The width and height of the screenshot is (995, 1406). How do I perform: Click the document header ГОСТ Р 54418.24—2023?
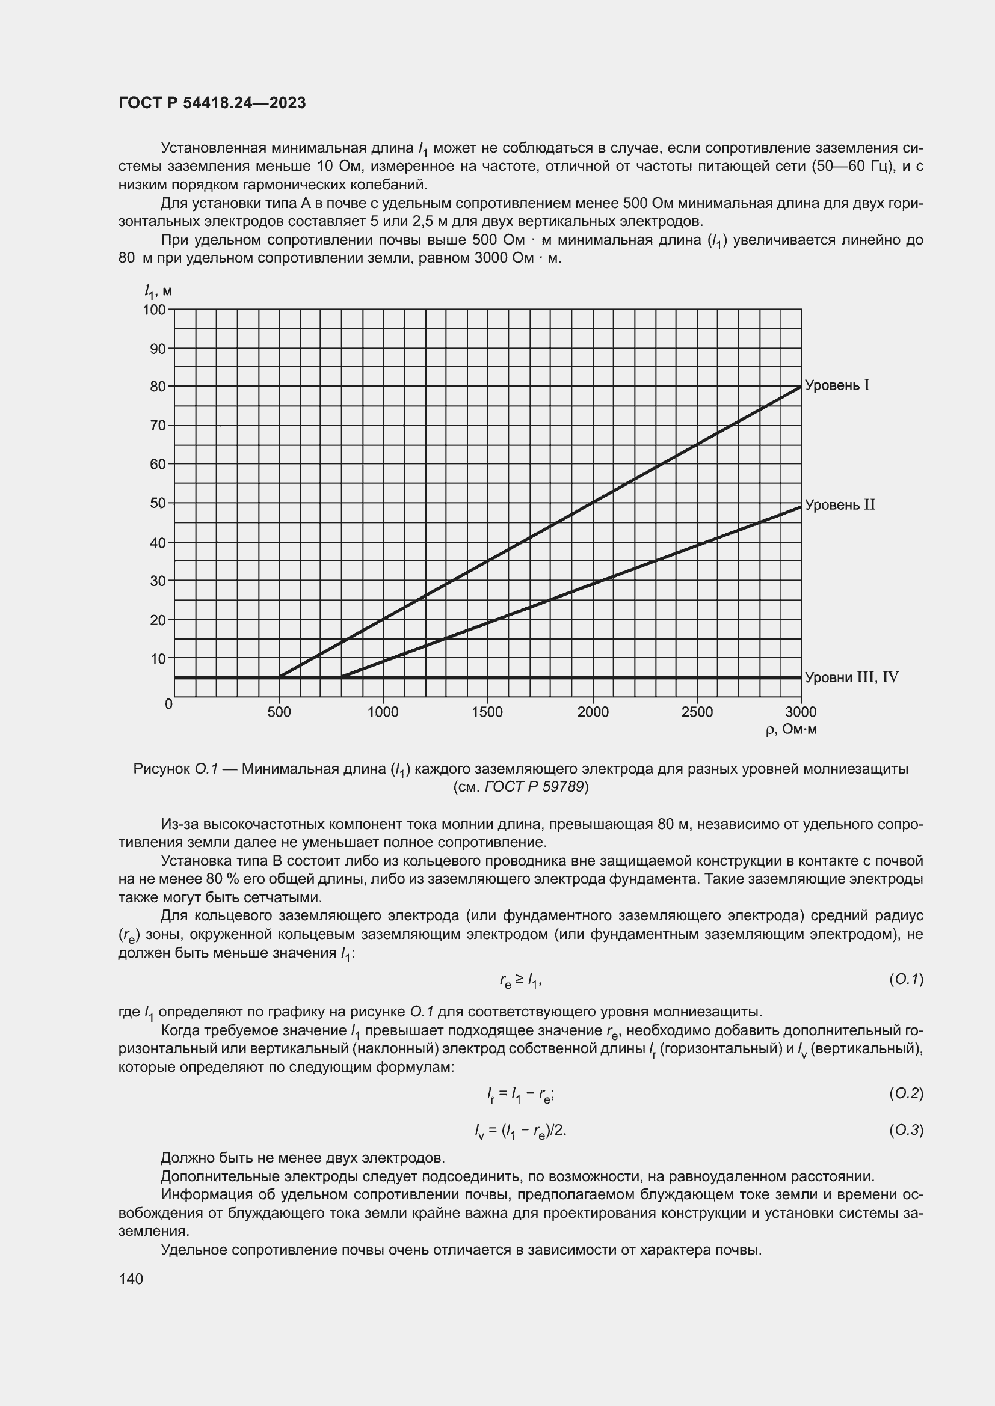click(x=212, y=103)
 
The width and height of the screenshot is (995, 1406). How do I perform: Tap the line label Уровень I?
click(x=837, y=386)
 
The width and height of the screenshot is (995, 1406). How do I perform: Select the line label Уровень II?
click(x=839, y=505)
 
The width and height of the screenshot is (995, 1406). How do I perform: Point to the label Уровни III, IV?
click(x=851, y=678)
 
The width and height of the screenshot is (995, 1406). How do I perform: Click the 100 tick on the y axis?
click(x=155, y=310)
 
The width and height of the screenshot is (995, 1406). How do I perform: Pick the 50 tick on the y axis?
click(x=158, y=503)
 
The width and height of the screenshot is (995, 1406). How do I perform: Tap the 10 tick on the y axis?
click(x=158, y=659)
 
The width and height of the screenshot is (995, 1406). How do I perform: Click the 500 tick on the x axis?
click(x=279, y=712)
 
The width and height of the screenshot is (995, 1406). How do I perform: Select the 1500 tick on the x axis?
click(x=487, y=712)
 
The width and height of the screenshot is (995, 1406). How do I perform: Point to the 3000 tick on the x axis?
click(x=801, y=712)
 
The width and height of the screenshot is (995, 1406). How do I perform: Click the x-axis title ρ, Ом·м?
click(x=791, y=730)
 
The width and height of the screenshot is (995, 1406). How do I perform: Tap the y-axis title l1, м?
click(x=158, y=292)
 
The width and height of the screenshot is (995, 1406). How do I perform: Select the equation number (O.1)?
click(x=905, y=980)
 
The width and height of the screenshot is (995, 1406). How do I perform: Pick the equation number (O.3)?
click(x=905, y=1131)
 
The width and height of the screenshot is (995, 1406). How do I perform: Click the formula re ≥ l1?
click(x=520, y=981)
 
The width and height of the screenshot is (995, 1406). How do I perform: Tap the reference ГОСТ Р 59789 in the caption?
click(x=534, y=787)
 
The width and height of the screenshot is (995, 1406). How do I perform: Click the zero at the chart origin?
click(x=168, y=705)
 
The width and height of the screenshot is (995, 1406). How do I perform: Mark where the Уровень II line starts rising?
click(x=340, y=677)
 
